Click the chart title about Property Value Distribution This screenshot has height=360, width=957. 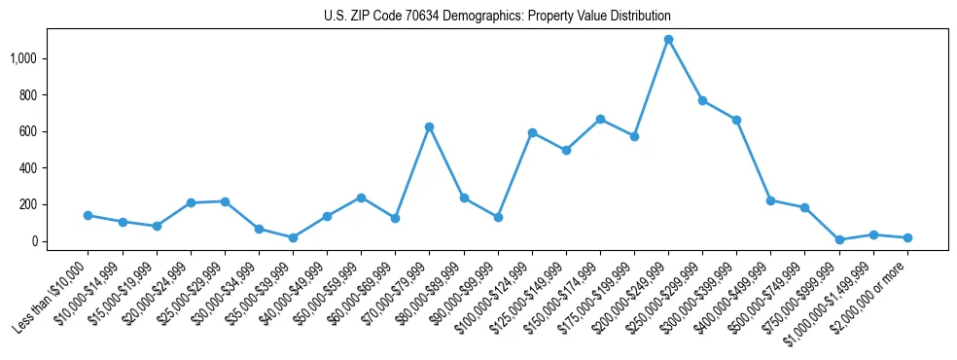pyautogui.click(x=497, y=17)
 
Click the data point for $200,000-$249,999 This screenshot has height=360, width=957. pyautogui.click(x=668, y=40)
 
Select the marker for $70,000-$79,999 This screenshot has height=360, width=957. pyautogui.click(x=429, y=126)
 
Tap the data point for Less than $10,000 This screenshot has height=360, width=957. pyautogui.click(x=88, y=215)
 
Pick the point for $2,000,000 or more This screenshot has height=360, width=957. pyautogui.click(x=907, y=237)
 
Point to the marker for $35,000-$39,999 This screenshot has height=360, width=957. pyautogui.click(x=293, y=237)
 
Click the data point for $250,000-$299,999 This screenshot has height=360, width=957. pyautogui.click(x=702, y=100)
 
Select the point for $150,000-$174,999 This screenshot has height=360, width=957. pyautogui.click(x=600, y=119)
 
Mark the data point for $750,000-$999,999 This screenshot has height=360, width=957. pyautogui.click(x=839, y=239)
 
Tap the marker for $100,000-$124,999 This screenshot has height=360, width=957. pyautogui.click(x=532, y=132)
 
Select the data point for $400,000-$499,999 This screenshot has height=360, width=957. pyautogui.click(x=770, y=200)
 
